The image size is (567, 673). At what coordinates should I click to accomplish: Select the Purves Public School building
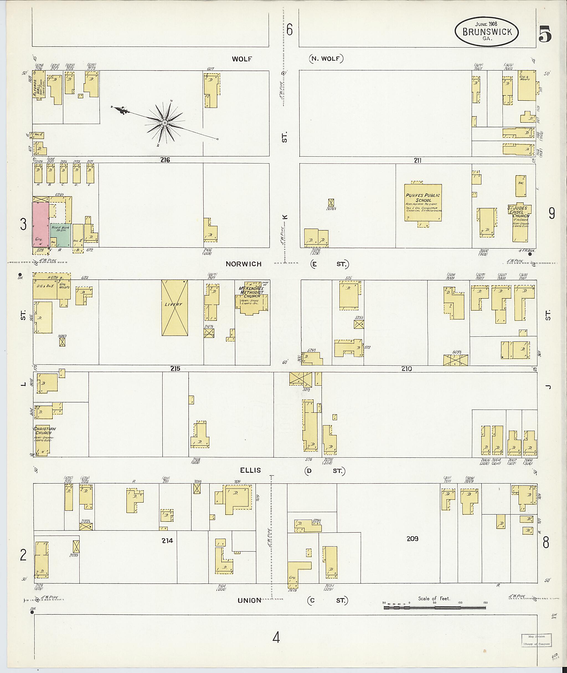(x=423, y=202)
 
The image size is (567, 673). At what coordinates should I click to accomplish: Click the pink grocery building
(x=40, y=224)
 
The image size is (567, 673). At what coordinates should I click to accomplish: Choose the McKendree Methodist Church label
(x=251, y=292)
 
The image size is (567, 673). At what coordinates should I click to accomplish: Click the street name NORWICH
(x=243, y=264)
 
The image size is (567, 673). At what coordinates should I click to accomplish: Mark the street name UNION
(x=249, y=600)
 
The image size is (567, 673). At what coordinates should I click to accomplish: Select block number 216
(x=165, y=160)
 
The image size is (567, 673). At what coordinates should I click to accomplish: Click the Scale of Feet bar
(x=434, y=608)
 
